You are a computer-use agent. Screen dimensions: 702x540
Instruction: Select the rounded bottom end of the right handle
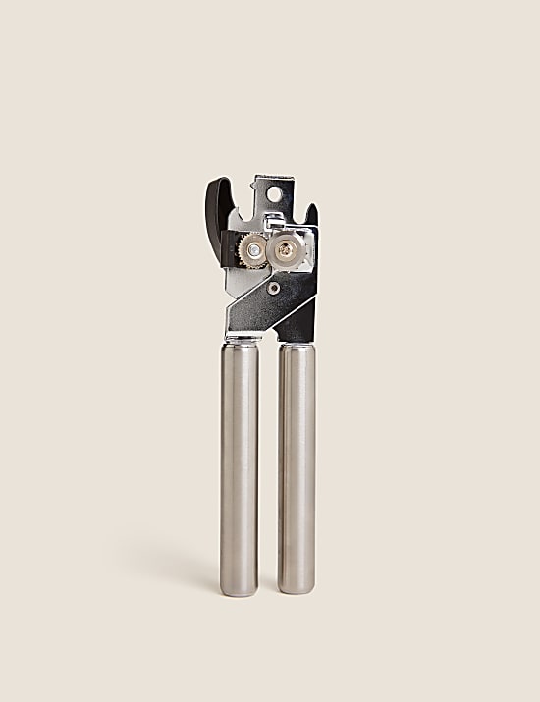click(x=297, y=586)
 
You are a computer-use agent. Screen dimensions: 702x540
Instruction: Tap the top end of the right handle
click(x=297, y=345)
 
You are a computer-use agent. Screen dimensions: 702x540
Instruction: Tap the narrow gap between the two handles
click(x=268, y=461)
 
